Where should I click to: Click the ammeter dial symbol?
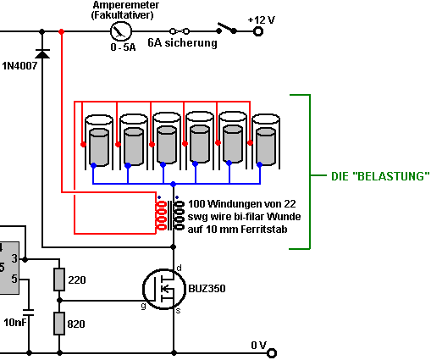pos(121,31)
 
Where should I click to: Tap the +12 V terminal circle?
pos(257,31)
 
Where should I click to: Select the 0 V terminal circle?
pos(272,353)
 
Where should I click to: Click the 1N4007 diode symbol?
pos(42,53)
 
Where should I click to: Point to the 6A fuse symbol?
pos(180,31)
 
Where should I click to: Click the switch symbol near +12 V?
pos(226,29)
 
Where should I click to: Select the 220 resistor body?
pos(59,280)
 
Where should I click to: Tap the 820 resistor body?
pos(59,324)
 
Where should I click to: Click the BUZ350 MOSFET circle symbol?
pos(164,289)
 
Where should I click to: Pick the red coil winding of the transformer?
pos(161,215)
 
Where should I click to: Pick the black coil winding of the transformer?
pos(180,215)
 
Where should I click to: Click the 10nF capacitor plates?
pos(28,313)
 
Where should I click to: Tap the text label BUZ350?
pos(207,289)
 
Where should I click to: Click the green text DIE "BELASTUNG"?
pos(380,176)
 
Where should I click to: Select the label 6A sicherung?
pos(183,43)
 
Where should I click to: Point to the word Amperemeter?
pos(126,5)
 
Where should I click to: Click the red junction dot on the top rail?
pos(61,31)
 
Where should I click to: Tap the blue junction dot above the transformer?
pos(174,184)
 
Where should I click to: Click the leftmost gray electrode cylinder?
pos(99,147)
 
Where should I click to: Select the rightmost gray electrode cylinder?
pos(266,147)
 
